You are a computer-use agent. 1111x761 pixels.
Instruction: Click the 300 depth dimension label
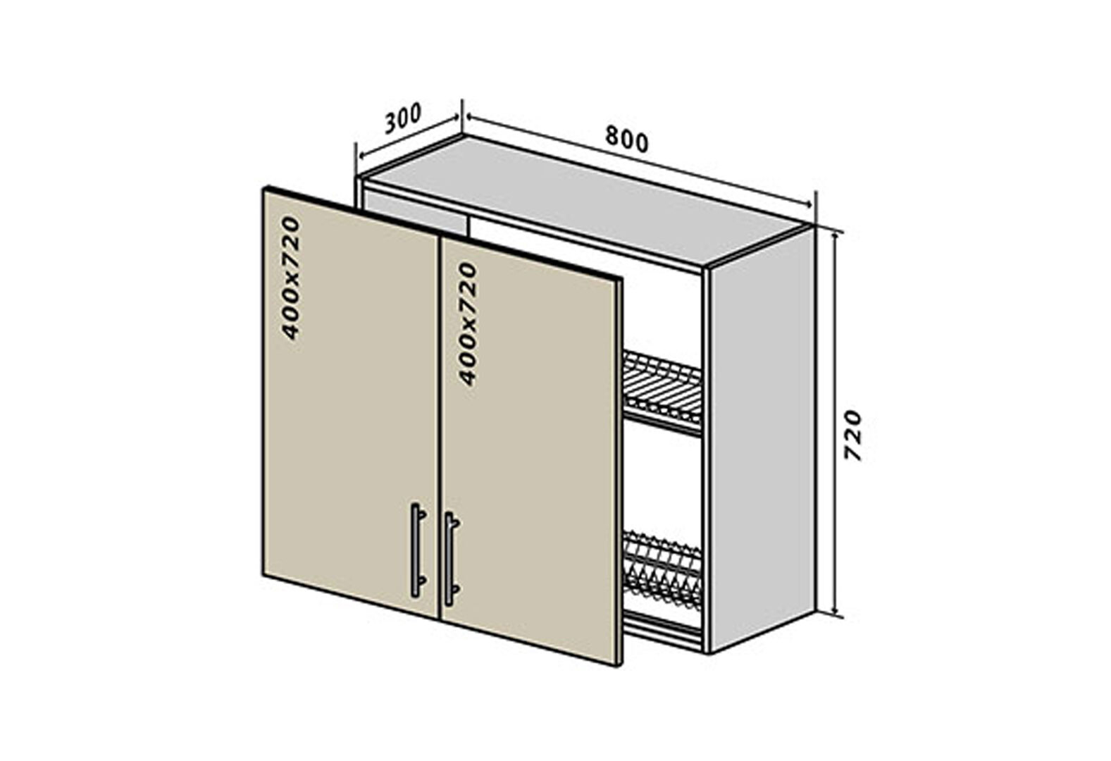(x=403, y=118)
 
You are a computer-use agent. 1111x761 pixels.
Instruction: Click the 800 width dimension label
(x=627, y=140)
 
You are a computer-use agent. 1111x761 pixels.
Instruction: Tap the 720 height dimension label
(x=852, y=435)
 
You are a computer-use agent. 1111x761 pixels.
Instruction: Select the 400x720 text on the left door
(x=290, y=278)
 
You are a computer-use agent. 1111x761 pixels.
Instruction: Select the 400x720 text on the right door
(x=467, y=323)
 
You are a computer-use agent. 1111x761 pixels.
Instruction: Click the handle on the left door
(x=418, y=550)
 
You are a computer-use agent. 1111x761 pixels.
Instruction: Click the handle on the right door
(x=452, y=559)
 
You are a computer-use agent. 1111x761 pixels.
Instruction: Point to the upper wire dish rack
(x=662, y=390)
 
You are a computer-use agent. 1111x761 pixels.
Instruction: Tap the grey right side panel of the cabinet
(x=762, y=438)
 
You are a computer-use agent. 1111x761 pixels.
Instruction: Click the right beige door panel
(x=530, y=450)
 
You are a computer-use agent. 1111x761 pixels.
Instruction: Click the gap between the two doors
(x=440, y=428)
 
